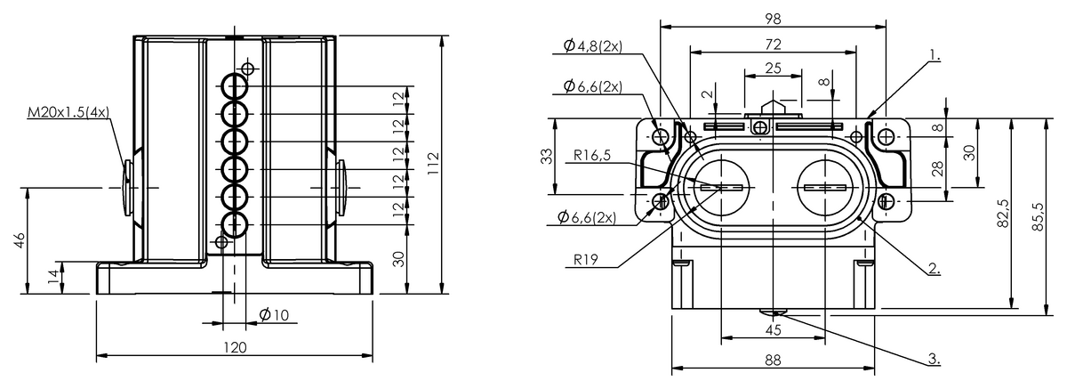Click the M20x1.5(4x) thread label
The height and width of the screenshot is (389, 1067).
click(68, 112)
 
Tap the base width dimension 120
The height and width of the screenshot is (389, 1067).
click(234, 347)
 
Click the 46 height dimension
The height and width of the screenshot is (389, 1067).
click(20, 241)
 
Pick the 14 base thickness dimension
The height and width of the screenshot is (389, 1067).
click(54, 277)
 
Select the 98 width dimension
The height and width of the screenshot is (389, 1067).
click(772, 18)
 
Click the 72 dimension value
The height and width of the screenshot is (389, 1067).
click(772, 44)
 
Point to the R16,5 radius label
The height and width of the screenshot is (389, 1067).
click(592, 155)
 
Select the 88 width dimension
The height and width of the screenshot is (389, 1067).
click(772, 360)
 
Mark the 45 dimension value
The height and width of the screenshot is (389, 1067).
click(772, 329)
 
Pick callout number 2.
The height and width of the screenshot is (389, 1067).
click(933, 265)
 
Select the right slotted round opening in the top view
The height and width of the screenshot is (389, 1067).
click(825, 188)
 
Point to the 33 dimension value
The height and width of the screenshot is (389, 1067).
click(547, 157)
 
